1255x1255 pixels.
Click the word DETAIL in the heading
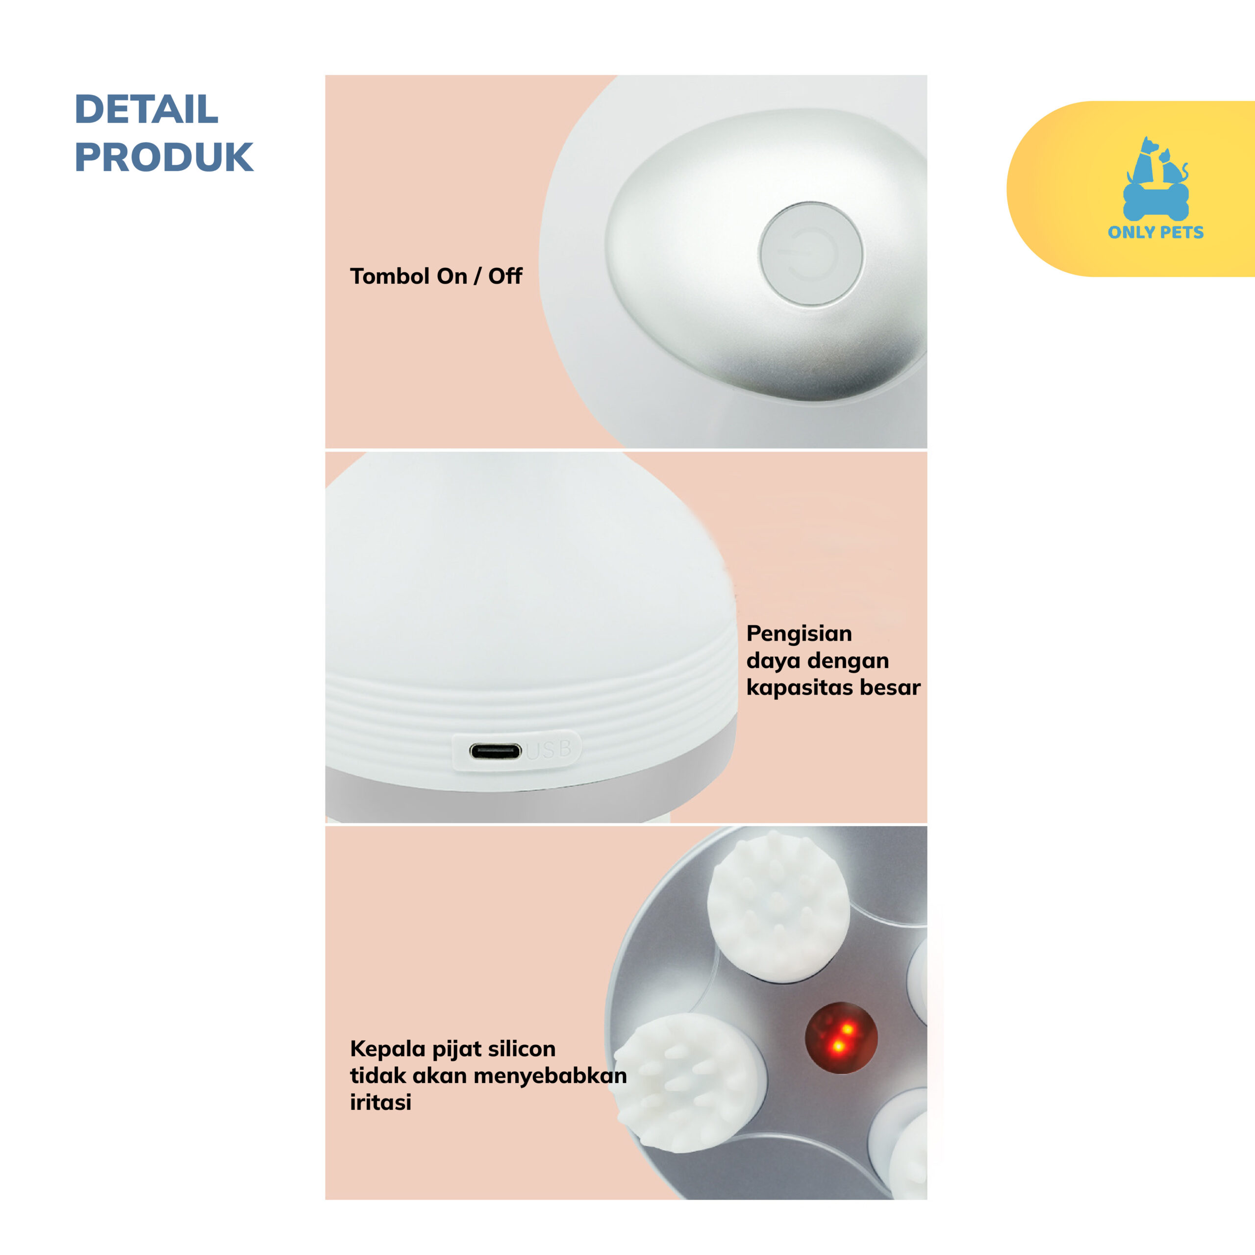pos(146,109)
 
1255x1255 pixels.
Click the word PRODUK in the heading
pos(164,157)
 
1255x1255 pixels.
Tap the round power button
pos(811,253)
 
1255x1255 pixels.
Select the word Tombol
pos(390,276)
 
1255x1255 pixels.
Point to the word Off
pos(505,276)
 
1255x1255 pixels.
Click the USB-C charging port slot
pos(495,752)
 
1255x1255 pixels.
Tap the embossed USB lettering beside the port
pos(549,750)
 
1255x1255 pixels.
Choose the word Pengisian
pos(799,634)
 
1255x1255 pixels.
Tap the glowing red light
pos(841,1037)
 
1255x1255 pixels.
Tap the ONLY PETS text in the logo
pos(1155,232)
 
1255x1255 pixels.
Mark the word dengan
pos(850,661)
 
